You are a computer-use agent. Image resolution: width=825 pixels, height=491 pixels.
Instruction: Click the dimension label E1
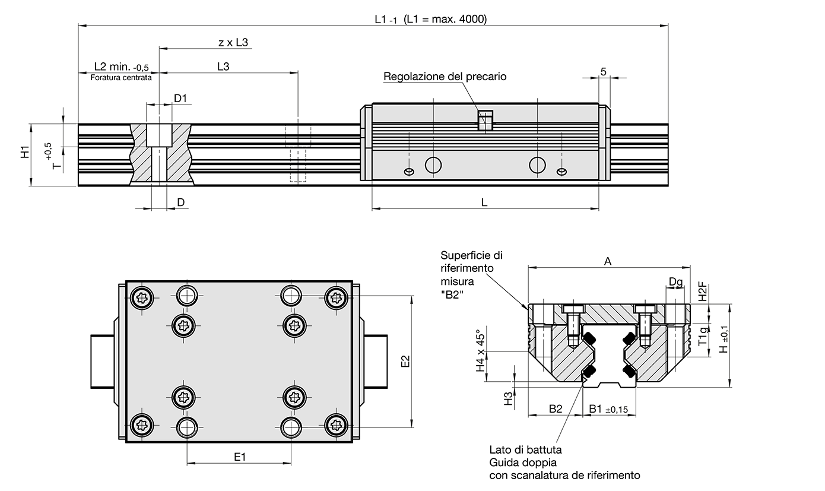(x=240, y=456)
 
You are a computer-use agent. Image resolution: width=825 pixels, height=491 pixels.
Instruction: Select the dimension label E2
(x=406, y=361)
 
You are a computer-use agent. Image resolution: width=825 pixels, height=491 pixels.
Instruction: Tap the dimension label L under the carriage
(x=484, y=202)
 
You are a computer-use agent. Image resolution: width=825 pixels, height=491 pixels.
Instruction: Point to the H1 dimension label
(x=25, y=152)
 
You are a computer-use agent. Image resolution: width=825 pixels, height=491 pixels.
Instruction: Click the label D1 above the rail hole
(x=180, y=98)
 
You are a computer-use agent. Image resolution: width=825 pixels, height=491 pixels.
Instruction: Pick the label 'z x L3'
(x=233, y=42)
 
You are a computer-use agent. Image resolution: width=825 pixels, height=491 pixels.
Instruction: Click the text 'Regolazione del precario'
(x=445, y=77)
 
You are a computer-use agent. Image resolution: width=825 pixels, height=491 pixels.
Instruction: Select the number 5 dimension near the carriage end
(x=604, y=71)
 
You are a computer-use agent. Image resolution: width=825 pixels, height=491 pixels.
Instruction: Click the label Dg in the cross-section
(x=675, y=281)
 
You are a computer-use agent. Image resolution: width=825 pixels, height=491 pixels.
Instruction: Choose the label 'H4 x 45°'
(x=481, y=351)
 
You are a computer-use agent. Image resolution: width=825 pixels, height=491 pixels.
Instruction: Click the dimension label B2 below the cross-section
(x=555, y=408)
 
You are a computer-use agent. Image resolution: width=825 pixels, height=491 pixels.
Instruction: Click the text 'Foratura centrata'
(x=120, y=77)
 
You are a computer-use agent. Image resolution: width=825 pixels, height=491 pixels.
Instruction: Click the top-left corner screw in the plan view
(x=144, y=298)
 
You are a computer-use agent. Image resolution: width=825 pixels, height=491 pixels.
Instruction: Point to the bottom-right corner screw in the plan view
(x=336, y=424)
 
